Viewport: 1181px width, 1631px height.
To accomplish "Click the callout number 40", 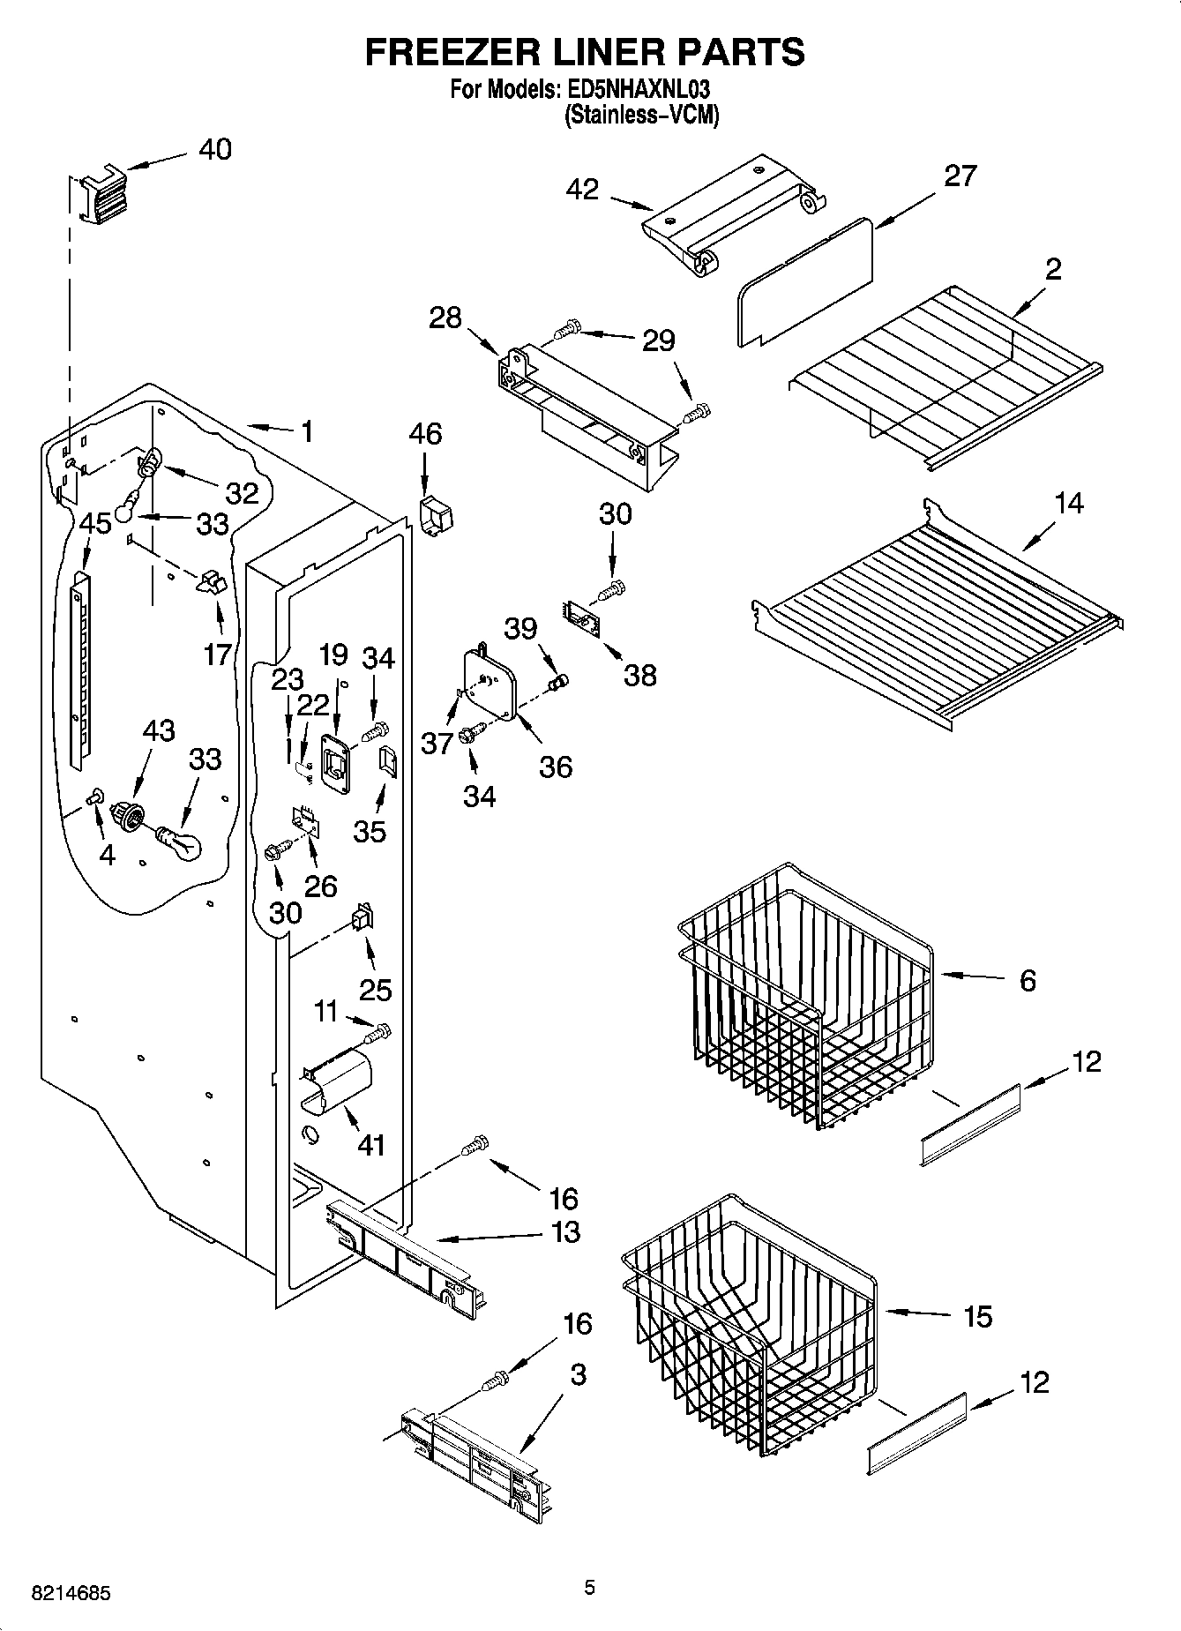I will [214, 149].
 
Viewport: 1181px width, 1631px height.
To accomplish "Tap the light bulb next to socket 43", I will [180, 842].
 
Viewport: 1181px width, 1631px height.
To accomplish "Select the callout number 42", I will [582, 189].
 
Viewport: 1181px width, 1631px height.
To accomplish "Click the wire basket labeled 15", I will [750, 1323].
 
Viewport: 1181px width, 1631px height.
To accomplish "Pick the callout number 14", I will [1068, 504].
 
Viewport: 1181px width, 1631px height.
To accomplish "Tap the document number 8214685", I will [71, 1593].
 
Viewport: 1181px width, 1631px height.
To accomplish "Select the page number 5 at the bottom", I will [589, 1588].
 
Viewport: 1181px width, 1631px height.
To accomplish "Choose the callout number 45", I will [95, 523].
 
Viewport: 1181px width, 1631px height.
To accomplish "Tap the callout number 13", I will [565, 1231].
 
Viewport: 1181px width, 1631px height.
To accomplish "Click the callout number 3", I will [578, 1374].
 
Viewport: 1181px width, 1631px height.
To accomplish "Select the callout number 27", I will [960, 176].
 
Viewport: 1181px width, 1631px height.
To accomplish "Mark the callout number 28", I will [445, 318].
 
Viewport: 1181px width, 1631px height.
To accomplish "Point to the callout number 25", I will [376, 989].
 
